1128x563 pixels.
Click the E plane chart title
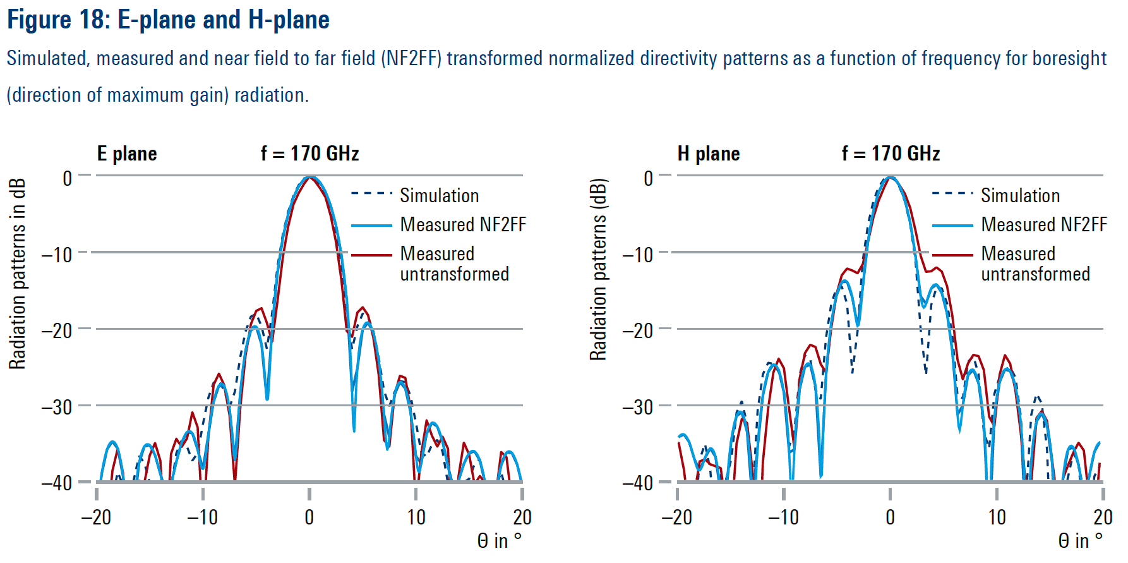tap(127, 154)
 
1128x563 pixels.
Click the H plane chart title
tap(708, 154)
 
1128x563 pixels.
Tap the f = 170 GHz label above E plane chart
tap(309, 154)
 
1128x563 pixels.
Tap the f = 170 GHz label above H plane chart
tap(891, 154)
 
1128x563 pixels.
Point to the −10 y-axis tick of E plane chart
tap(57, 255)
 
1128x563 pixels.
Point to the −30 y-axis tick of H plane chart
tap(638, 407)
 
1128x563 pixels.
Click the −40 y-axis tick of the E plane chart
tap(57, 483)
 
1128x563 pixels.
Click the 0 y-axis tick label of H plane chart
tap(648, 178)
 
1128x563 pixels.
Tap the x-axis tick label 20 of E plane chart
tap(522, 518)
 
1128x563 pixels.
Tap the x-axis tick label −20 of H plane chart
tap(676, 518)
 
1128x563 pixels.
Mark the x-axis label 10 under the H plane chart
tap(997, 518)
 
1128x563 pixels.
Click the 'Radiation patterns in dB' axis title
tap(18, 274)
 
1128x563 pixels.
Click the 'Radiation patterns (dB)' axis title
tap(598, 270)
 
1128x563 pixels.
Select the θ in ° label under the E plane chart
tap(499, 541)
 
